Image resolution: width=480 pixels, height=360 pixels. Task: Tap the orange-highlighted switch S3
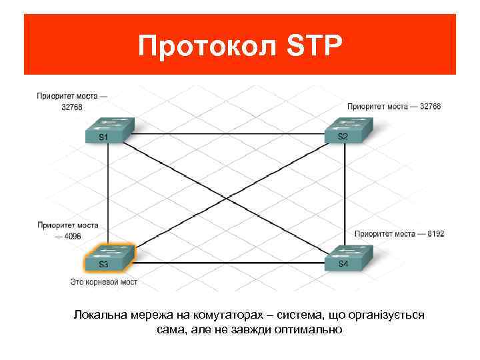tap(107, 258)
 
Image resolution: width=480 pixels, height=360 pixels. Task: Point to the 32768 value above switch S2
tap(429, 106)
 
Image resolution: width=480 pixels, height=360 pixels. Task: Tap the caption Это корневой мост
tap(104, 283)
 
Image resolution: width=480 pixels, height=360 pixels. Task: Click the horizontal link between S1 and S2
tap(227, 134)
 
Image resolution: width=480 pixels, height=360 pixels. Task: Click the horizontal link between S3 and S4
tap(227, 263)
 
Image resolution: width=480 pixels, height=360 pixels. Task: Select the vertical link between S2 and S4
tap(345, 193)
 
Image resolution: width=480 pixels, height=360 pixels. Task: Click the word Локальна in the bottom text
tap(96, 315)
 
